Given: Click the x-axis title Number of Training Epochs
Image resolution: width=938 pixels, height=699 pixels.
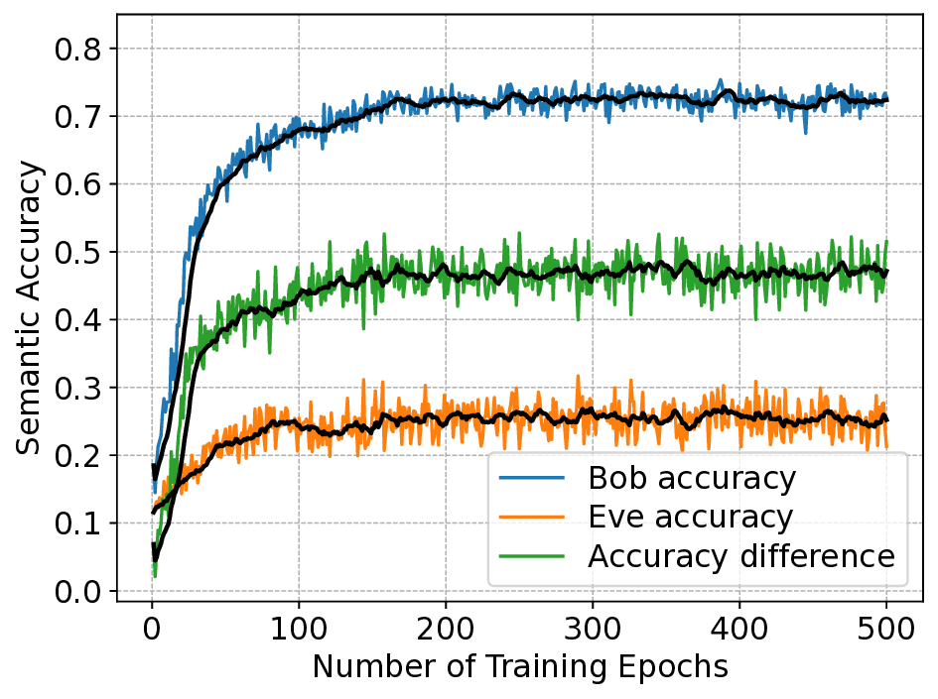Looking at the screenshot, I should [x=520, y=667].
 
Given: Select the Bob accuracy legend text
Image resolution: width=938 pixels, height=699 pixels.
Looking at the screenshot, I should [x=692, y=479].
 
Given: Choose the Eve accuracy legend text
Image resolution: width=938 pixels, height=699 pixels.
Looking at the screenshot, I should [x=690, y=518].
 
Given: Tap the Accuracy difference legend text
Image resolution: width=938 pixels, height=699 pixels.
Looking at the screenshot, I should [x=741, y=556].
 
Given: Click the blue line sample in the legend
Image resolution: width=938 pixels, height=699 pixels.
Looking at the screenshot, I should [x=533, y=479].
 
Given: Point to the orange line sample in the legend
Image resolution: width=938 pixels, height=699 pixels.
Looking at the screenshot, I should [x=533, y=518].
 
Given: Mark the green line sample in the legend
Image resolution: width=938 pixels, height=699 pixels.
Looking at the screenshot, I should [x=533, y=556].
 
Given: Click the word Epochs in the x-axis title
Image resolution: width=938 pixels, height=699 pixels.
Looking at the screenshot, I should [x=678, y=667].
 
